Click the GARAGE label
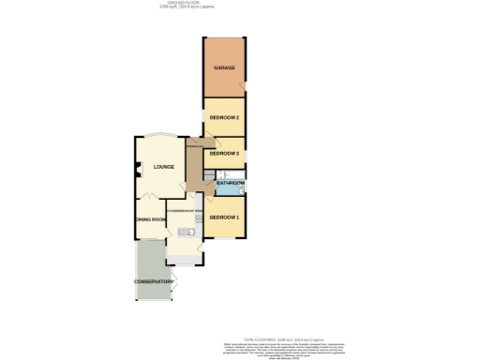[x=223, y=68]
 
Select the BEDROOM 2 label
[x=224, y=117]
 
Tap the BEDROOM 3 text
[x=224, y=153]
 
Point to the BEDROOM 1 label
[x=224, y=217]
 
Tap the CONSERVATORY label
[x=154, y=281]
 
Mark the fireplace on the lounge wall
[x=133, y=169]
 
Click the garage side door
[x=244, y=89]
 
